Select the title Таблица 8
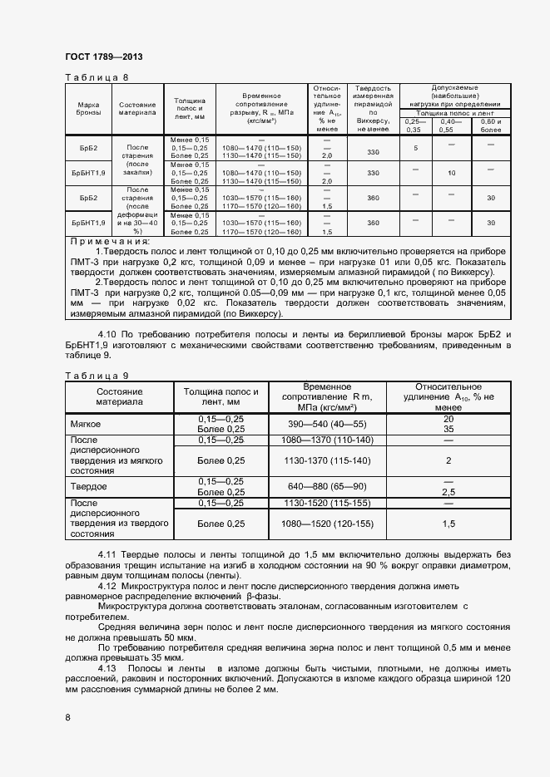pyautogui.click(x=97, y=77)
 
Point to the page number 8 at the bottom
pyautogui.click(x=68, y=716)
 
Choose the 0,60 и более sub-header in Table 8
pyautogui.click(x=492, y=125)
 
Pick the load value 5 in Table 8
pyautogui.click(x=414, y=148)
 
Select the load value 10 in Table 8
pyautogui.click(x=452, y=173)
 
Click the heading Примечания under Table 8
pyautogui.click(x=104, y=241)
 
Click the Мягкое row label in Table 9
pyautogui.click(x=86, y=424)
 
